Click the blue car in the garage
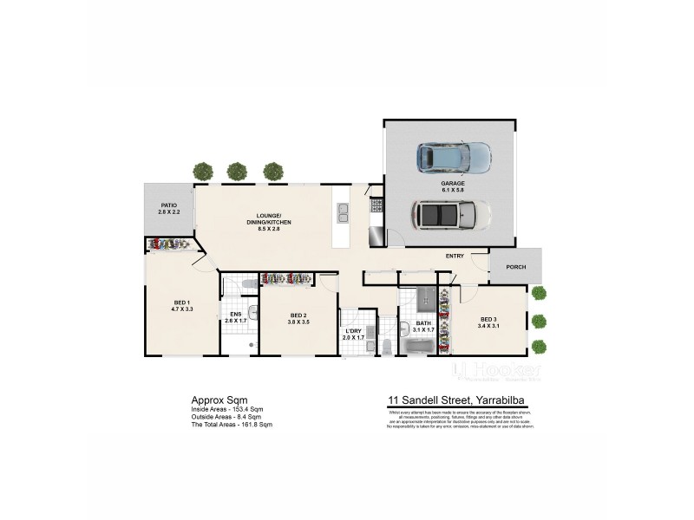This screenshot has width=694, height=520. [x=453, y=157]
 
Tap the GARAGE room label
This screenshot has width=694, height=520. [x=452, y=184]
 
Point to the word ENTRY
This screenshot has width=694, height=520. [x=455, y=256]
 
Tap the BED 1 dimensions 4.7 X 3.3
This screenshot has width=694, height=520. [x=180, y=309]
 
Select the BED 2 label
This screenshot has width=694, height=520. [x=298, y=315]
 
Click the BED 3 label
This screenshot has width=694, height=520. [x=488, y=318]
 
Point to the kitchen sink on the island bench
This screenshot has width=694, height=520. [x=343, y=210]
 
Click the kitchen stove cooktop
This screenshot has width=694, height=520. [x=376, y=205]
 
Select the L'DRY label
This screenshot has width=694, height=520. [x=353, y=331]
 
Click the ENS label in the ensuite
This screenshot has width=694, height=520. [x=235, y=314]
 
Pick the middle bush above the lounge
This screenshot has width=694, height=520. [x=237, y=171]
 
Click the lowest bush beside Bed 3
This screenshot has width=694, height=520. [x=539, y=347]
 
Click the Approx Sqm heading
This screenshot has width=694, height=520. [x=213, y=400]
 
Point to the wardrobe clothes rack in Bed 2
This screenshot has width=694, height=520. [x=286, y=278]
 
